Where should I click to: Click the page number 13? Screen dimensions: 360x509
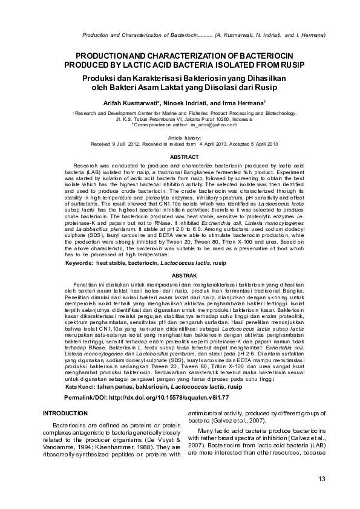(321, 479)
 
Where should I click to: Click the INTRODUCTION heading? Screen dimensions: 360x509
(65, 412)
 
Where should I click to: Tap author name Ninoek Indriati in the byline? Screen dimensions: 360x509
(185, 103)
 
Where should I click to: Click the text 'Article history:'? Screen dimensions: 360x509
(180, 138)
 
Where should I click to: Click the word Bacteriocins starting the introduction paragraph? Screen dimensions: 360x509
(71, 425)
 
